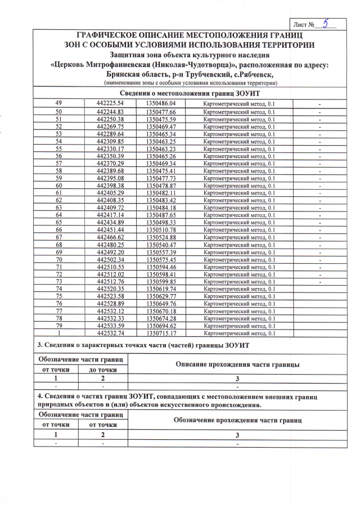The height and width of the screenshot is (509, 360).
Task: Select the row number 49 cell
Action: (58, 103)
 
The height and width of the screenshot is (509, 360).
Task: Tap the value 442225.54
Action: (110, 103)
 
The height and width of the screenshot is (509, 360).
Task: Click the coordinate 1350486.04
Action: (161, 103)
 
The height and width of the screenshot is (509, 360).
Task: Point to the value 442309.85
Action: (110, 141)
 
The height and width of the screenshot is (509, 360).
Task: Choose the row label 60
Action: (58, 185)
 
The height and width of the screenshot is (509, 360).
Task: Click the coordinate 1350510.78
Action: (161, 229)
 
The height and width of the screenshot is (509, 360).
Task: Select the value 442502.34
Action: (110, 260)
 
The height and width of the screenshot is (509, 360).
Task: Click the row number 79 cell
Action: (58, 326)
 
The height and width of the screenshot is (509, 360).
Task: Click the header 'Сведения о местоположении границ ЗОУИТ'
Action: (190, 93)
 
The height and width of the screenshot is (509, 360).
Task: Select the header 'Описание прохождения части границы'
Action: (237, 364)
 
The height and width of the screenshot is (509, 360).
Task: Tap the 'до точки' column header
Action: (102, 370)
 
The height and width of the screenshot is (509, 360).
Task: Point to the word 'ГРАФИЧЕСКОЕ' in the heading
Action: (109, 35)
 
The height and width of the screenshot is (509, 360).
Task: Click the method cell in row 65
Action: (239, 222)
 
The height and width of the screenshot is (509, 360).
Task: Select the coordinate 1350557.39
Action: (161, 253)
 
